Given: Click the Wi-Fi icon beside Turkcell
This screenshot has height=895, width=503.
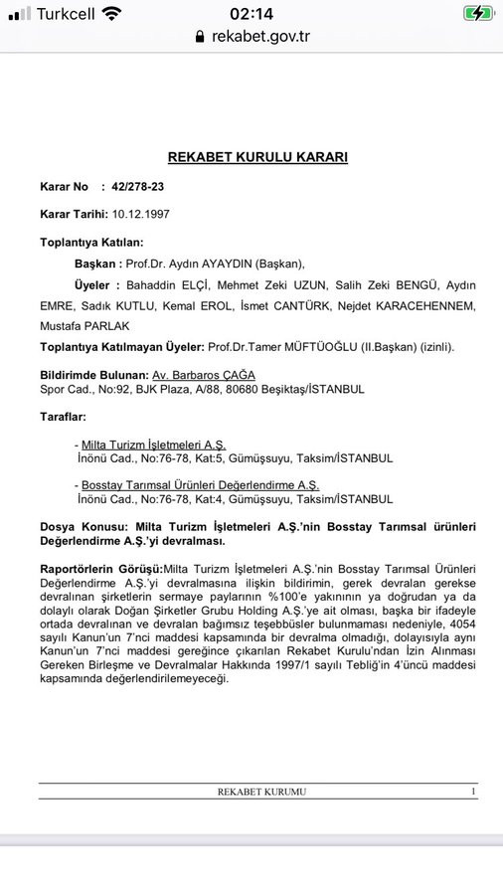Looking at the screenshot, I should click(111, 13).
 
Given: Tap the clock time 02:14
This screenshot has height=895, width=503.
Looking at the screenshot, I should click(251, 13).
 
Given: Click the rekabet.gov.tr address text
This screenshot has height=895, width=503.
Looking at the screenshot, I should click(260, 36).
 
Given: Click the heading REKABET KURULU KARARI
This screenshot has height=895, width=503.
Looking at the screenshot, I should click(257, 157).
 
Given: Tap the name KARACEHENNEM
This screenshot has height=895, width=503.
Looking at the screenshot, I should click(418, 305).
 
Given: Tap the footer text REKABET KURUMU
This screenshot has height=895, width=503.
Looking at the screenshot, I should click(261, 792).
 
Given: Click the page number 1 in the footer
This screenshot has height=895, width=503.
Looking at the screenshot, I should click(473, 792).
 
